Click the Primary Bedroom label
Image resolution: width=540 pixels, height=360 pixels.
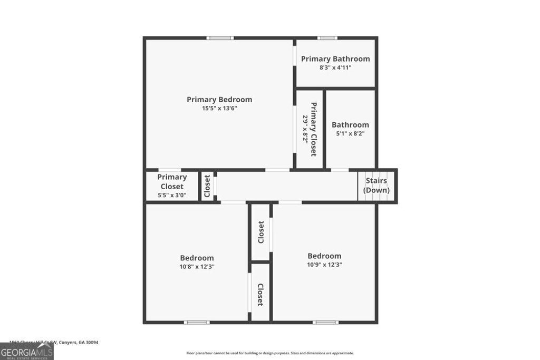point(219,100)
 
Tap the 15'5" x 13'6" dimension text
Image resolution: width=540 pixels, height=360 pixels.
point(219,109)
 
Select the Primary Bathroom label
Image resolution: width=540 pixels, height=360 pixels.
point(335,59)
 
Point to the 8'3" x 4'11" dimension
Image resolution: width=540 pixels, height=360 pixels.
point(335,67)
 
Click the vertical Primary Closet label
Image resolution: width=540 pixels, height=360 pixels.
point(313,129)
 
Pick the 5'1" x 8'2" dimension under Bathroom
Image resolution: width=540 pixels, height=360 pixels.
point(350,134)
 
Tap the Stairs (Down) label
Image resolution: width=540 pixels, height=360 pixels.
point(377,186)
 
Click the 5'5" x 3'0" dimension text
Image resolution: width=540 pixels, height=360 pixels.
point(172,196)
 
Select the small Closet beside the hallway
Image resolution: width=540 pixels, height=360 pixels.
point(207,186)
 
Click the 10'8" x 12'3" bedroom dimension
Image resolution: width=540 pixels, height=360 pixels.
point(197,267)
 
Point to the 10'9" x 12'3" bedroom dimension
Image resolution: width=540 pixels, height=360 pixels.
point(324,265)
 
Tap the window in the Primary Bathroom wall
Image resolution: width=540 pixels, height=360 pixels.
point(327,38)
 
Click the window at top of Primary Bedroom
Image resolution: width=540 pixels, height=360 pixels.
point(220,38)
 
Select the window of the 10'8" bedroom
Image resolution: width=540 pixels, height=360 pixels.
point(197,322)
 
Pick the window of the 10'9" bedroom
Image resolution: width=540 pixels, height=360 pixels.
point(325,322)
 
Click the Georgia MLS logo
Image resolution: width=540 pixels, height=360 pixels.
point(26,351)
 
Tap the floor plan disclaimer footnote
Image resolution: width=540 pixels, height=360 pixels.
point(270,353)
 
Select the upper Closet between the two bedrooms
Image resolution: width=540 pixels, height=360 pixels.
point(261,232)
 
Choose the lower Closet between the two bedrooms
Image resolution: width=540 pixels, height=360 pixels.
point(261,295)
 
